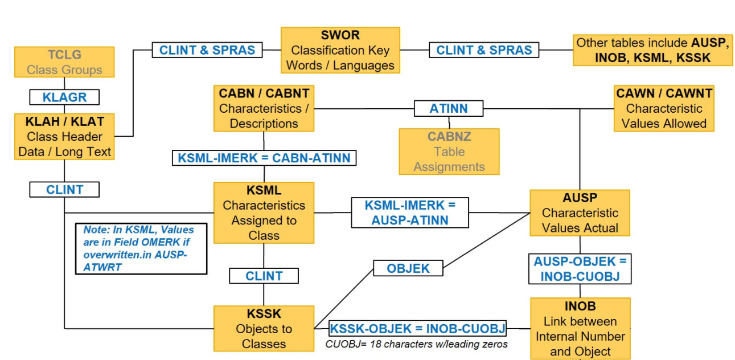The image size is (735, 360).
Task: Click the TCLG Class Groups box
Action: click(64, 63)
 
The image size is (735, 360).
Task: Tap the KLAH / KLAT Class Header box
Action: click(64, 137)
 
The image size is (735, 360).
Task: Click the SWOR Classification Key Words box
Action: click(340, 50)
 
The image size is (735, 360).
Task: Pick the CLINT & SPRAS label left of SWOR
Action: click(207, 50)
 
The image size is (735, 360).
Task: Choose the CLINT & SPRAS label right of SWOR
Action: click(484, 50)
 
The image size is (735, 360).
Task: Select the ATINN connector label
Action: click(449, 108)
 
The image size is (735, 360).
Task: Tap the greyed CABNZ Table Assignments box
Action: click(449, 152)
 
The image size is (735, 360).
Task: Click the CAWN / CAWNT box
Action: click(663, 108)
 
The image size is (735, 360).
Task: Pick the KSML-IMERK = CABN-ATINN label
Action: click(264, 158)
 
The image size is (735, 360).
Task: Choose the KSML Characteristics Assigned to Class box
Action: click(264, 212)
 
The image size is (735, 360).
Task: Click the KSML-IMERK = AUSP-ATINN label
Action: click(409, 212)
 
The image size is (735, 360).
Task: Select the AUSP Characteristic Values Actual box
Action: click(580, 212)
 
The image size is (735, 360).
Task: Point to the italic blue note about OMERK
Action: click(141, 248)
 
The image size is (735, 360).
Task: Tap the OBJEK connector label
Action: click(408, 268)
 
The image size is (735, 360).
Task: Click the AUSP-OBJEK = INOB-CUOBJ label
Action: click(580, 269)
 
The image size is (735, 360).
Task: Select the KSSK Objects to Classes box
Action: click(264, 329)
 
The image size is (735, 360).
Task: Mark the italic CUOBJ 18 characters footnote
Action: click(416, 345)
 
